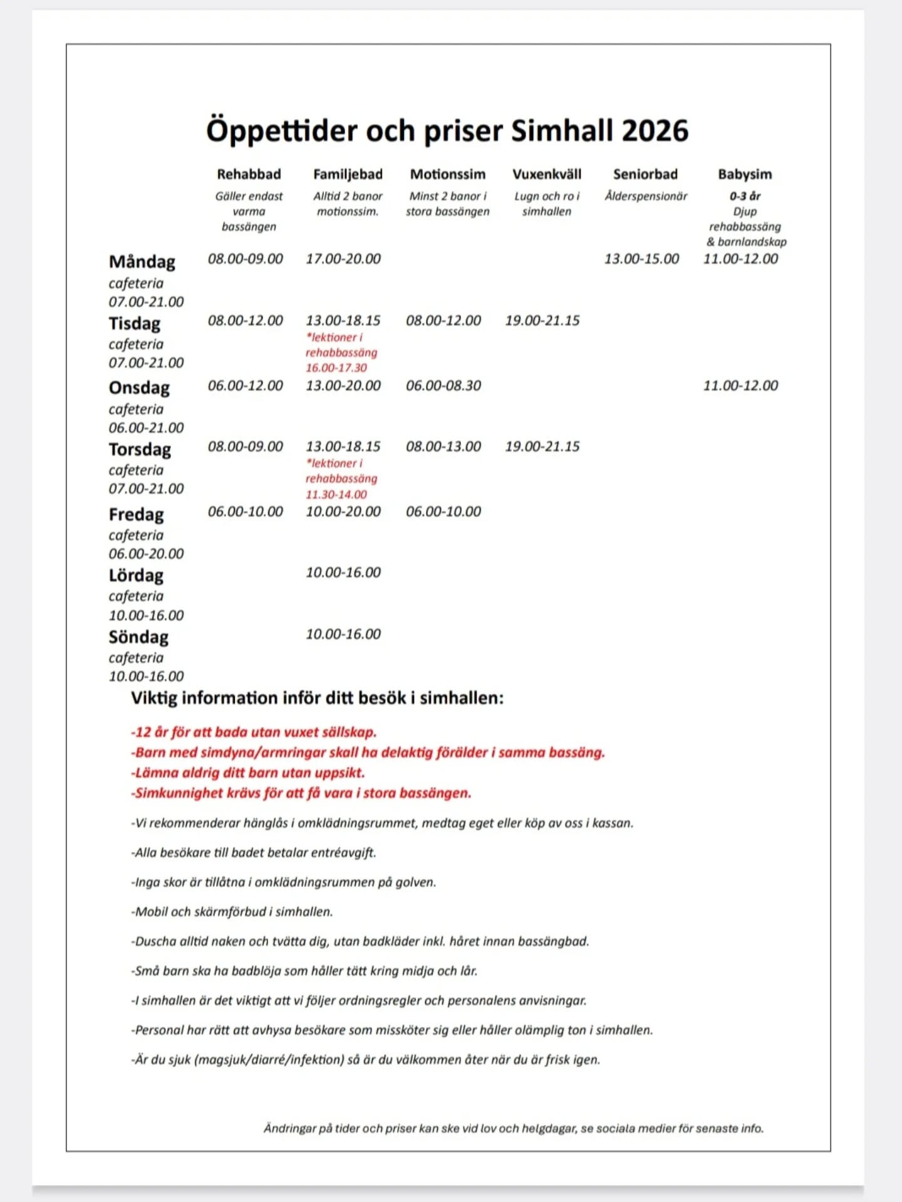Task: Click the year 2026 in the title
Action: [655, 131]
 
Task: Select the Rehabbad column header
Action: [249, 174]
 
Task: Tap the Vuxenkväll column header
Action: [546, 174]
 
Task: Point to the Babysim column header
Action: [745, 174]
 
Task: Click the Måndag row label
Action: [142, 261]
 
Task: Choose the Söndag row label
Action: [138, 637]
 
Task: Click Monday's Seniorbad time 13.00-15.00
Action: [641, 259]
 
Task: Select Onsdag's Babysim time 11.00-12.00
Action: [740, 385]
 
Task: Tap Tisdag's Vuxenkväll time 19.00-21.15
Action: [542, 320]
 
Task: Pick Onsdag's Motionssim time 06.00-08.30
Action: [443, 385]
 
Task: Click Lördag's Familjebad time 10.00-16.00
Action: [343, 572]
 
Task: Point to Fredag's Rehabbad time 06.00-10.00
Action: [246, 511]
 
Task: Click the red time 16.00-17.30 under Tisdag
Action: [336, 368]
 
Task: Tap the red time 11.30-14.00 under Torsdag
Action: [336, 494]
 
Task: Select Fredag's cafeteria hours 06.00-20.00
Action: [146, 554]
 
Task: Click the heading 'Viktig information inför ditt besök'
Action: [317, 698]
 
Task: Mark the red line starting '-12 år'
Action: [254, 732]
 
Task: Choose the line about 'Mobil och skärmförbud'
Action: [232, 911]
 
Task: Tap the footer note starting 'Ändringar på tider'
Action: [514, 1128]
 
